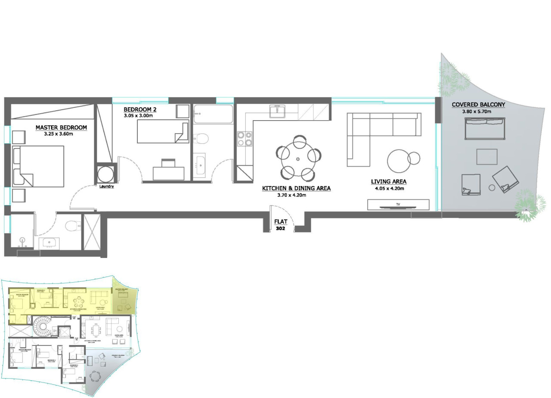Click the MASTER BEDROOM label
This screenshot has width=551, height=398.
(x=61, y=127)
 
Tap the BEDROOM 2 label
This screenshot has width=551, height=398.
(x=140, y=109)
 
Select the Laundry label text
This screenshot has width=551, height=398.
(x=106, y=187)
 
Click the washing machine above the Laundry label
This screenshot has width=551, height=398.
(x=106, y=174)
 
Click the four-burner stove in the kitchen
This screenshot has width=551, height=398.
(x=245, y=138)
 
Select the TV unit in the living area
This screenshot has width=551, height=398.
(x=398, y=205)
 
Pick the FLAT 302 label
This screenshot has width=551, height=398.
(x=279, y=225)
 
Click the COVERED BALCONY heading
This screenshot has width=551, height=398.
(x=478, y=105)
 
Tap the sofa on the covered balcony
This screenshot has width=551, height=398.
(x=484, y=128)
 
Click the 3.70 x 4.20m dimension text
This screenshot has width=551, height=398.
(x=291, y=195)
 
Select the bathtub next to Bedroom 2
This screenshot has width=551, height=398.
(x=213, y=114)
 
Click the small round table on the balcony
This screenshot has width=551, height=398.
(x=492, y=187)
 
